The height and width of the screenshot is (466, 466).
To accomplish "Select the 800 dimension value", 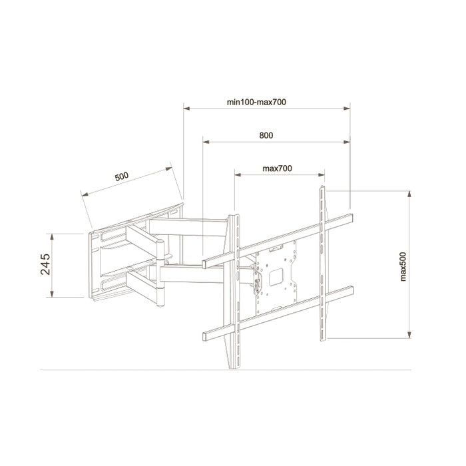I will (x=266, y=136).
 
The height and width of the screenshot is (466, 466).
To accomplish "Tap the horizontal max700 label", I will (x=278, y=169).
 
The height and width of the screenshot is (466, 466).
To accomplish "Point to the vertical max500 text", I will (x=404, y=266).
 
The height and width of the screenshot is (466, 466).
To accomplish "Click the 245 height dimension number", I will (x=45, y=265).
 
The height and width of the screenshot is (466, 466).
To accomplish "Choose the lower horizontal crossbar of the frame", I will (x=280, y=313).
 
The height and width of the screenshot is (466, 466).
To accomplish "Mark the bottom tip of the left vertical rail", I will (x=232, y=367).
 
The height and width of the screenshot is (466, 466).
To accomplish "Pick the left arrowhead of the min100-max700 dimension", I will (x=186, y=107).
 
